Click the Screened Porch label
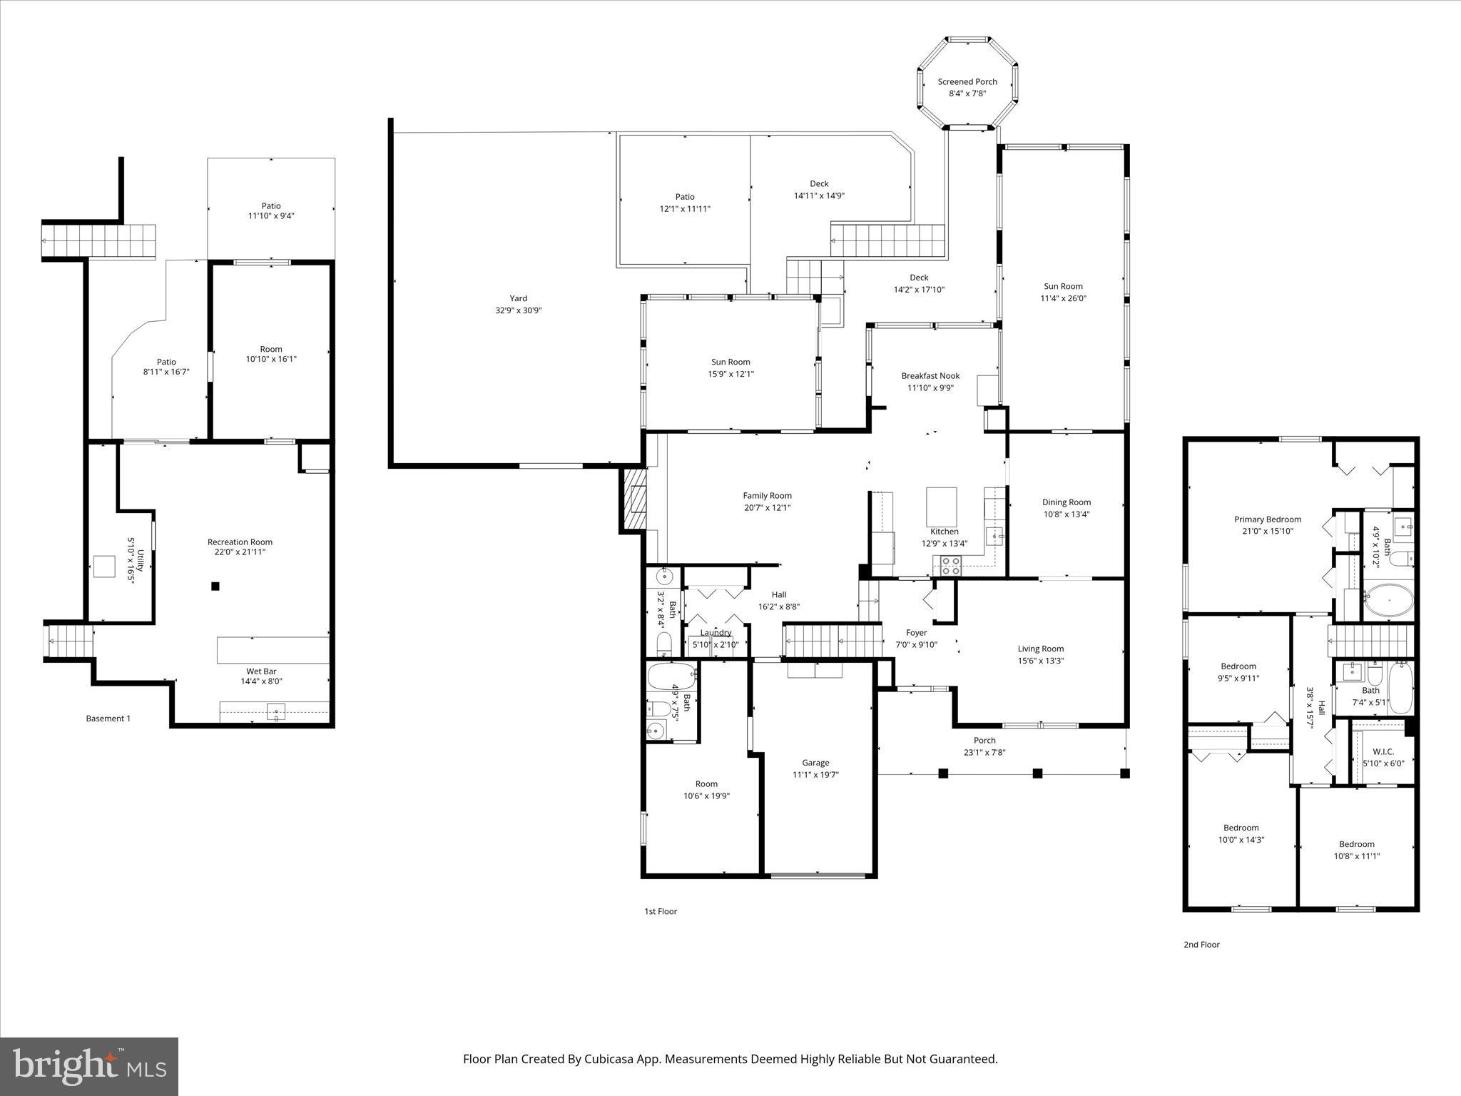tap(967, 81)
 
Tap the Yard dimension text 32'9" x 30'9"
tap(518, 310)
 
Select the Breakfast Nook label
tap(930, 375)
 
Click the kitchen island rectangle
tap(941, 506)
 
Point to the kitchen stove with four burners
tap(950, 566)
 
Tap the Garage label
tap(815, 762)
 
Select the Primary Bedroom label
tap(1268, 519)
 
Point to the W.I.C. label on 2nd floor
tap(1383, 751)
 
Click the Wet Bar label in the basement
tap(261, 671)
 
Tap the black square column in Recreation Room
tap(215, 587)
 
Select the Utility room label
tap(141, 559)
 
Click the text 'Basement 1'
tap(108, 719)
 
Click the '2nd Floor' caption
tap(1201, 945)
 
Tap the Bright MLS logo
tap(89, 1066)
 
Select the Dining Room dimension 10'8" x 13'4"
tap(1066, 514)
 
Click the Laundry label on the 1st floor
tap(715, 633)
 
